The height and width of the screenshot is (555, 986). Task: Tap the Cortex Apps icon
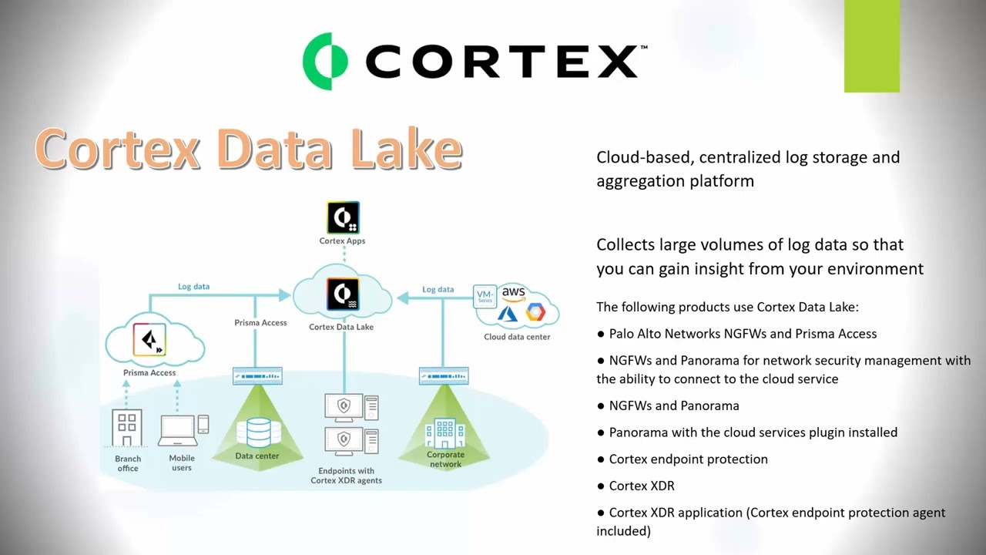[x=343, y=217]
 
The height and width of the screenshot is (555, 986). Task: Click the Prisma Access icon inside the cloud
[x=149, y=339]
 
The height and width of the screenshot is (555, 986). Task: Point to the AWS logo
[x=513, y=293]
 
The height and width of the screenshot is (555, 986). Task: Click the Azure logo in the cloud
[x=508, y=313]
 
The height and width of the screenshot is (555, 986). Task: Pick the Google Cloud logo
[x=535, y=311]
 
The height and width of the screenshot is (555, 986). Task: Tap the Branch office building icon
[x=127, y=428]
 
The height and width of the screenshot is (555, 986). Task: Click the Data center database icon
[x=258, y=432]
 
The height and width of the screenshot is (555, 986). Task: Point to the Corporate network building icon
[x=445, y=434]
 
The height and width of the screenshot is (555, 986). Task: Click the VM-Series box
[x=485, y=296]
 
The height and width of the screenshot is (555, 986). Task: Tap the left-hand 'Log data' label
[x=193, y=287]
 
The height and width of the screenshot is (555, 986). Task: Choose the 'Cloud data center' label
[x=517, y=337]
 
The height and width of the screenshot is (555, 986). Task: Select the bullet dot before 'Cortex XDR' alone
[x=601, y=486]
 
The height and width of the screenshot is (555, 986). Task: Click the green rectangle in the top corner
[x=871, y=46]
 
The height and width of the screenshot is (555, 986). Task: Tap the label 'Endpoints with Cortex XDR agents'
[x=346, y=476]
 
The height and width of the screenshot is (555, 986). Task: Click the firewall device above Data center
[x=257, y=376]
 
